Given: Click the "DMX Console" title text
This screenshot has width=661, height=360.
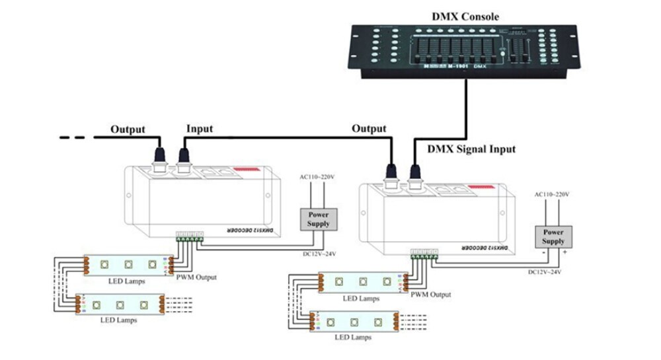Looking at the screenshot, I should coord(465,16).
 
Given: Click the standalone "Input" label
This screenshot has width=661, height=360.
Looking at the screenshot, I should coord(200,129).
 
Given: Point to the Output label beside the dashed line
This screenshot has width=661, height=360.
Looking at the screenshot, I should coord(128,129).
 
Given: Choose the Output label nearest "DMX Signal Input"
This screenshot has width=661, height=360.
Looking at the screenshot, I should coord(368,129).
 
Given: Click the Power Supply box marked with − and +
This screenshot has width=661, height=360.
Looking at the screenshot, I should coord(553,236).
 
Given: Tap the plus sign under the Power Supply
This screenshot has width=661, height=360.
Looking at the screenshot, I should coord(564,252).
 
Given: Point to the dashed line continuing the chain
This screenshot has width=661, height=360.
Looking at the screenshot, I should coord(74,137).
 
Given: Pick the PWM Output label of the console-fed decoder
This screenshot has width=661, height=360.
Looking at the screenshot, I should coord(431,294).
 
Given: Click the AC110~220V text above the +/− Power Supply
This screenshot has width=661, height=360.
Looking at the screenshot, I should coord(553,195).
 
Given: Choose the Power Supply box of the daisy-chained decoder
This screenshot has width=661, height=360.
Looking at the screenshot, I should coord(319,219).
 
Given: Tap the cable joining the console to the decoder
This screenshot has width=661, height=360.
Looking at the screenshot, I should coord(467,106).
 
